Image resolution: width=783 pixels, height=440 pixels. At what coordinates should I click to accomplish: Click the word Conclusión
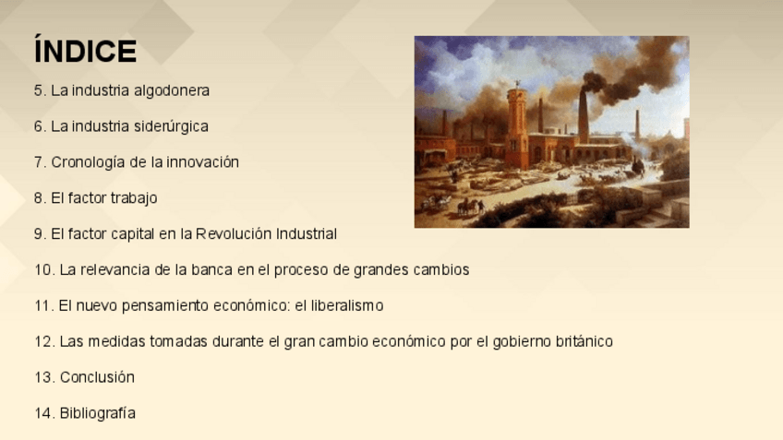click(x=97, y=377)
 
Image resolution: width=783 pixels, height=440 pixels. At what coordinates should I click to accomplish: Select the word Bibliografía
click(x=97, y=413)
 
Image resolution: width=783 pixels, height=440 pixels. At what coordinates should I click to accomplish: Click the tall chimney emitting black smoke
click(x=583, y=116)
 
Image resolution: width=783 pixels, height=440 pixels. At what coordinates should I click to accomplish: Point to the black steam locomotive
click(x=638, y=167)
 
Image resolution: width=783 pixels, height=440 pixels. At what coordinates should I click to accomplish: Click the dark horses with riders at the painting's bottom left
click(x=468, y=207)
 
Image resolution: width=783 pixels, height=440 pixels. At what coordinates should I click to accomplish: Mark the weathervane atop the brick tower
click(x=517, y=83)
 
